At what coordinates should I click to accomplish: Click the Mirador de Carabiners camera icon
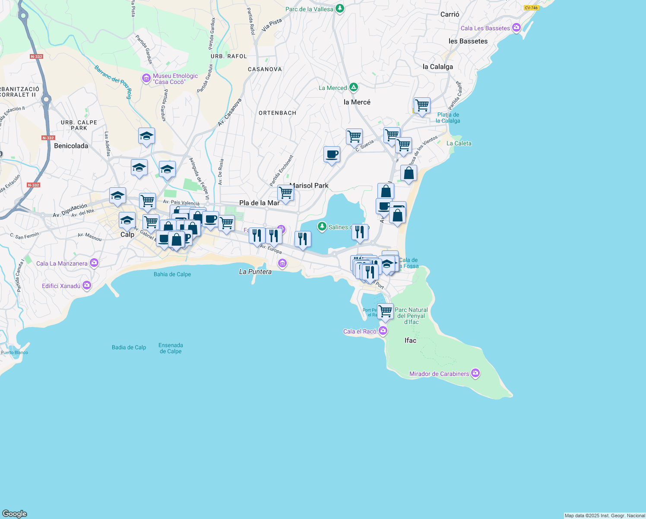click(x=475, y=373)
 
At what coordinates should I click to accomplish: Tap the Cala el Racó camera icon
click(x=383, y=331)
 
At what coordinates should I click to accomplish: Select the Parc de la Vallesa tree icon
click(x=340, y=9)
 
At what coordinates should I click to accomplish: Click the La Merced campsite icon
click(x=354, y=87)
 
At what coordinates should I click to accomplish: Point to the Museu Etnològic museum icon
click(x=146, y=78)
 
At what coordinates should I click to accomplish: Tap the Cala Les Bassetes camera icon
click(x=516, y=28)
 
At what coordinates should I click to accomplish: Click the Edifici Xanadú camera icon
click(x=87, y=285)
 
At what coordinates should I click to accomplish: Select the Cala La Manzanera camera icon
click(x=94, y=263)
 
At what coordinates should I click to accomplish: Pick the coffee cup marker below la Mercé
click(x=332, y=154)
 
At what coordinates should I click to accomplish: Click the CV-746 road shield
click(x=531, y=8)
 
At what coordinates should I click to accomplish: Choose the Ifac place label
click(x=410, y=340)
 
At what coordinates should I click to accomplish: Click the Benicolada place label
click(x=71, y=146)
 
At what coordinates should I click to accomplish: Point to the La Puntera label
click(x=255, y=272)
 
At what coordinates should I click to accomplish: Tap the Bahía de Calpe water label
click(x=172, y=274)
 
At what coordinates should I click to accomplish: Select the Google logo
click(x=15, y=513)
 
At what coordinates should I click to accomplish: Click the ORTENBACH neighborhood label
click(x=277, y=113)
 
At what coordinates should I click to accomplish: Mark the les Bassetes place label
click(x=468, y=41)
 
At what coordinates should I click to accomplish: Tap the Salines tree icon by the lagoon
click(x=322, y=226)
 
